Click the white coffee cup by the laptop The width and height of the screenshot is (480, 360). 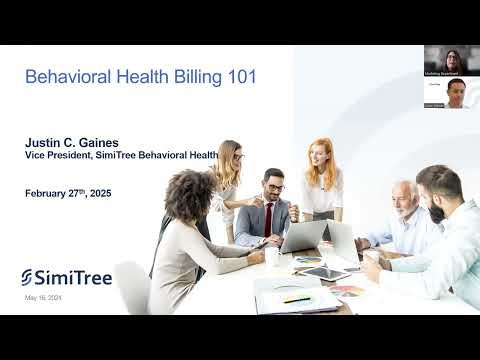(270, 257)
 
